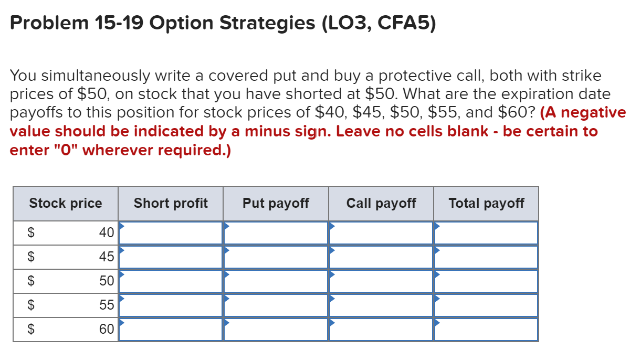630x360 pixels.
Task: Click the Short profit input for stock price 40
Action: tap(171, 232)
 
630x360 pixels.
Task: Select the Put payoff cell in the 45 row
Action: tap(276, 257)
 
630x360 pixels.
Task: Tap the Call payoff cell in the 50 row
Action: tap(381, 281)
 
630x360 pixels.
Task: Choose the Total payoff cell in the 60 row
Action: tap(486, 329)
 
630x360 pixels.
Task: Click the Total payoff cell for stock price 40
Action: tap(486, 232)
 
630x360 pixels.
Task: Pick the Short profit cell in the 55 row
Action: tap(171, 305)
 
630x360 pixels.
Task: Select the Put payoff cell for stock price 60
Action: tap(276, 329)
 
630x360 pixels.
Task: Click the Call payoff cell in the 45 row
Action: tap(381, 257)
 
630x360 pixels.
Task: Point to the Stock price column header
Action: tap(66, 203)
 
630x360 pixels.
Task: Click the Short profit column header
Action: tap(171, 203)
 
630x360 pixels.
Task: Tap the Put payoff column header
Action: tap(276, 203)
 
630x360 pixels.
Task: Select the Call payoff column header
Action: tap(381, 203)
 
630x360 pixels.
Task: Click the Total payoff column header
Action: tap(486, 203)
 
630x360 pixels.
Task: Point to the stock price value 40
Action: tap(107, 232)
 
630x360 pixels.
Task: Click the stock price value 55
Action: tap(107, 305)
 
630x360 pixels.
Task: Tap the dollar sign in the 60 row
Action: tap(31, 330)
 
